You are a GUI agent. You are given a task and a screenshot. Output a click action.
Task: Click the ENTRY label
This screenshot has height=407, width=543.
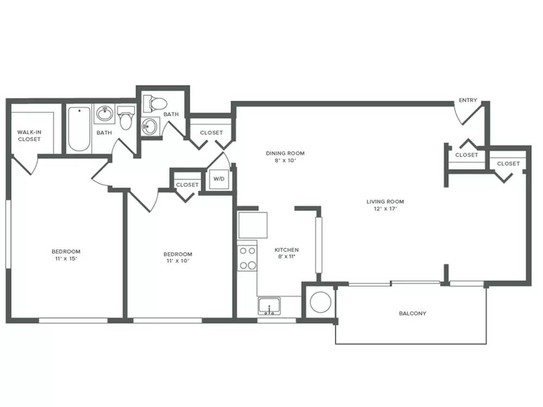pos(468,100)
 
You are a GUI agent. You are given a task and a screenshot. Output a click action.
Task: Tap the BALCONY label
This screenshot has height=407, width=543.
pos(413,314)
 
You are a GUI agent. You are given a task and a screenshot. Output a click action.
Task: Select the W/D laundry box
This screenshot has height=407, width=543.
pos(219,179)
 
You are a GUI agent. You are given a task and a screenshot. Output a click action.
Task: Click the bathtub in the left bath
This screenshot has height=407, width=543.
pos(79,129)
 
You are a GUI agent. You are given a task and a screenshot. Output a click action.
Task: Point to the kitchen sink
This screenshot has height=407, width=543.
pos(270,306)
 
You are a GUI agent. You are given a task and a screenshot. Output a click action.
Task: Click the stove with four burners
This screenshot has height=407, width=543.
pos(248,258)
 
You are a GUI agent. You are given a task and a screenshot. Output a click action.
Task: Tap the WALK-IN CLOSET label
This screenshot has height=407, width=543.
pos(29,136)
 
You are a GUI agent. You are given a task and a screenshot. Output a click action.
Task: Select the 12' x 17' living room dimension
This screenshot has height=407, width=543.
pos(385,209)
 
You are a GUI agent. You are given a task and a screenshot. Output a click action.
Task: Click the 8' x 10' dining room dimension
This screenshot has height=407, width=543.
pos(285,160)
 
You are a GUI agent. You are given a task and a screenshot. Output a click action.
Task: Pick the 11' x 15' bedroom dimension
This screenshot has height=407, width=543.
pos(66,258)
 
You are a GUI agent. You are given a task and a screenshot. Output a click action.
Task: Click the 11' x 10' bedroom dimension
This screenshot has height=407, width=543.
pos(178,261)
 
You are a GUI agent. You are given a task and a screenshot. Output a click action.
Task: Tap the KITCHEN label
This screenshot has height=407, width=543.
pos(287,250)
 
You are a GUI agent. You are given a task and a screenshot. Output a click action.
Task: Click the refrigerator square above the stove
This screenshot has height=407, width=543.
pos(253,225)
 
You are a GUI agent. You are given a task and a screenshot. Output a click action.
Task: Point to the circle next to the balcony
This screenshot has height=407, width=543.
pos(320,302)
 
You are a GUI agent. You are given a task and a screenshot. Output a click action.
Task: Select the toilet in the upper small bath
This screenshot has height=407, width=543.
pos(155,103)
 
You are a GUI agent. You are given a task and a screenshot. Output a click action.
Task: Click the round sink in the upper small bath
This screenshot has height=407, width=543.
pos(150,126)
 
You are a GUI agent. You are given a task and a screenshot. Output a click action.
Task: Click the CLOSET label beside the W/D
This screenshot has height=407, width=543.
pos(187,185)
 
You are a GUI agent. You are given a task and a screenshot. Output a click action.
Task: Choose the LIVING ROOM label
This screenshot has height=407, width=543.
pos(385,201)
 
